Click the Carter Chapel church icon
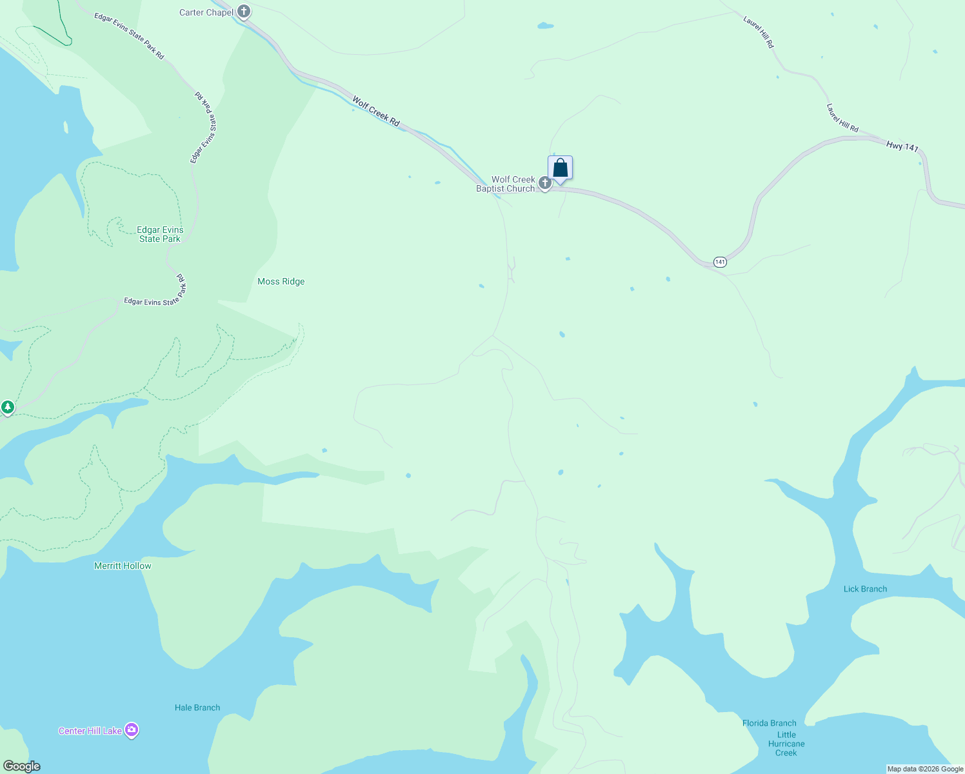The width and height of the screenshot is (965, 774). [x=243, y=12]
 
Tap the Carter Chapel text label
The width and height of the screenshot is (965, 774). [x=206, y=12]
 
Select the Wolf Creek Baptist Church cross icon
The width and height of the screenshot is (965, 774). [x=545, y=184]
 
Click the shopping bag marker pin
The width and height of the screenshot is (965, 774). [x=561, y=168]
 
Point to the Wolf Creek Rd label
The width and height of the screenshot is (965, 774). [x=376, y=111]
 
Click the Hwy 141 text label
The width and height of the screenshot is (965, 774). [x=902, y=146]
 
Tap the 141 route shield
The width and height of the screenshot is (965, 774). [x=720, y=262]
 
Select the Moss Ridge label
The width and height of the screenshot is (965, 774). [x=281, y=281]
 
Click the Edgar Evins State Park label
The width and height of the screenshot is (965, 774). [x=160, y=234]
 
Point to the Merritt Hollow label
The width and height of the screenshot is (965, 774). [x=123, y=566]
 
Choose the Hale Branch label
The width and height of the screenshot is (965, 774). [x=197, y=708]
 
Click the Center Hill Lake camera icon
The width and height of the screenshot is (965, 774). [x=132, y=730]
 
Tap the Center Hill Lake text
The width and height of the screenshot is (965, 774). [x=90, y=731]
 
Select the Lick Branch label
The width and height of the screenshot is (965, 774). [x=865, y=589]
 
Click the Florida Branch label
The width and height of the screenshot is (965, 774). [x=769, y=723]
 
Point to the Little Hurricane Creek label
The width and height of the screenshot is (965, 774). [x=786, y=744]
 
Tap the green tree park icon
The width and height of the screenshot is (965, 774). [x=8, y=407]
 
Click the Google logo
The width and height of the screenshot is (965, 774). [x=21, y=766]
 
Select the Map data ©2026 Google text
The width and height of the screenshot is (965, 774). [x=925, y=769]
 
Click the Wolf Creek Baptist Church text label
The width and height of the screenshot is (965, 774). [x=506, y=184]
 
